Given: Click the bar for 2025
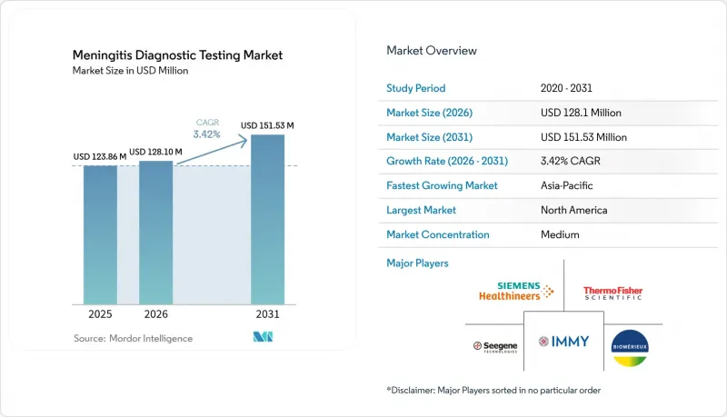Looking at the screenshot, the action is pos(100,235).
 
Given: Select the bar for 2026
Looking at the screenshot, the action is pos(155,233).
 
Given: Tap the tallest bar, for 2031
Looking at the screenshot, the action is pos(267,220).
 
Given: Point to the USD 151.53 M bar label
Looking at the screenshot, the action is pos(267,125).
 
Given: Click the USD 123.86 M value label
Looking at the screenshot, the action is pos(100,156).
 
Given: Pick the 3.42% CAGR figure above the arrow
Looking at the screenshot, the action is pos(207,134).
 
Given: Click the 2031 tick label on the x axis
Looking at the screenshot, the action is pos(267,314).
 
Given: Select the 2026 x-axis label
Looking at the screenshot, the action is pos(155,314).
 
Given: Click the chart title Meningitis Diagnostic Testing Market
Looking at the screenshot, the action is pos(177,55).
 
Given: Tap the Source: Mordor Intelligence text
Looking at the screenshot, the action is pos(133,338).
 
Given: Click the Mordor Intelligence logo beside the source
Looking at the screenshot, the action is pos(263,337).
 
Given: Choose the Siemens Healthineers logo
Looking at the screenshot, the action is pos(516,291).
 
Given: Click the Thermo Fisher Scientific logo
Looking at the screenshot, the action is pos(612,293).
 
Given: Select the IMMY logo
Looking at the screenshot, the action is pos(563,342).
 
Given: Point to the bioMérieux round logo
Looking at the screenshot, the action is pos(630,348).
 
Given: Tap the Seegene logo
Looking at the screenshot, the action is pos(495,346).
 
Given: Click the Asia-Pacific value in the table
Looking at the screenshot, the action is pos(566,185).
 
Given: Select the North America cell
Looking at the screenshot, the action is pos(574,210).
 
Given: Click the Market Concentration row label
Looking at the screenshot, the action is pos(438,234).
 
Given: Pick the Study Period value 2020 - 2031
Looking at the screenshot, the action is pos(566,88).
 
